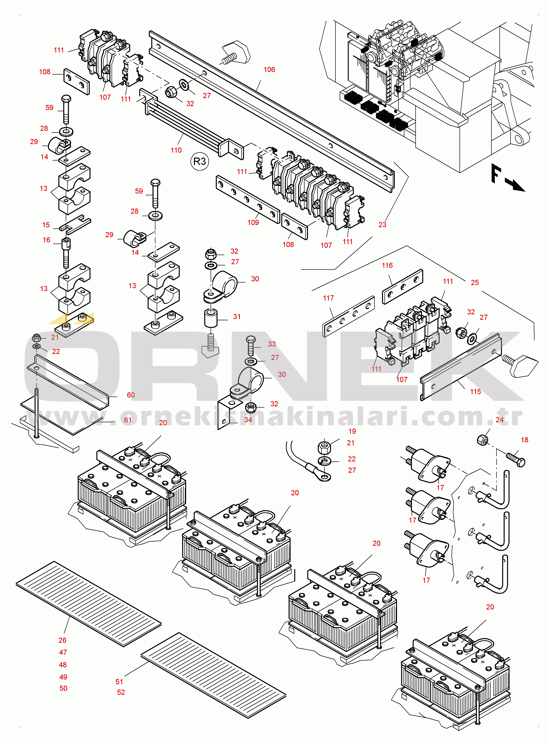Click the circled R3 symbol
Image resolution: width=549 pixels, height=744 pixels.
(x=200, y=161)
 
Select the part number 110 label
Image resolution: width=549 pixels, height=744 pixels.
(x=176, y=150)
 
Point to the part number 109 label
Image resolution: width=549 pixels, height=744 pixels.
(x=253, y=223)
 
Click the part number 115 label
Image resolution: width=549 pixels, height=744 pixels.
(x=475, y=392)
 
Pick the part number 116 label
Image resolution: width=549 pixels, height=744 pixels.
(x=387, y=265)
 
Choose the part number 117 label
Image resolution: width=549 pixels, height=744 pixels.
(x=328, y=298)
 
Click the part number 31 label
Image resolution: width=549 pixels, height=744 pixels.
(x=237, y=317)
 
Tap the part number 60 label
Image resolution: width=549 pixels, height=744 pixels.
(x=131, y=395)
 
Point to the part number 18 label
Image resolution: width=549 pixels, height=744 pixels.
(x=524, y=440)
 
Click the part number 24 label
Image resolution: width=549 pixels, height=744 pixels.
(x=499, y=420)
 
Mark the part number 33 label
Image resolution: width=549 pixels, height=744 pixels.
(x=272, y=344)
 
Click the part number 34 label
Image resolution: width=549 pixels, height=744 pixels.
(x=248, y=420)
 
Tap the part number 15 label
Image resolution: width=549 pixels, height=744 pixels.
(x=46, y=225)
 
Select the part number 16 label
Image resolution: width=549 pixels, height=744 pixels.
(x=47, y=240)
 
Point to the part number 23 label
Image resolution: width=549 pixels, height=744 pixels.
(x=383, y=224)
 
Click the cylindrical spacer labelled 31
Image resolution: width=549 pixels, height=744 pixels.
(x=211, y=318)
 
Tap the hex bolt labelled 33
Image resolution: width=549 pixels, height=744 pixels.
(x=251, y=346)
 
